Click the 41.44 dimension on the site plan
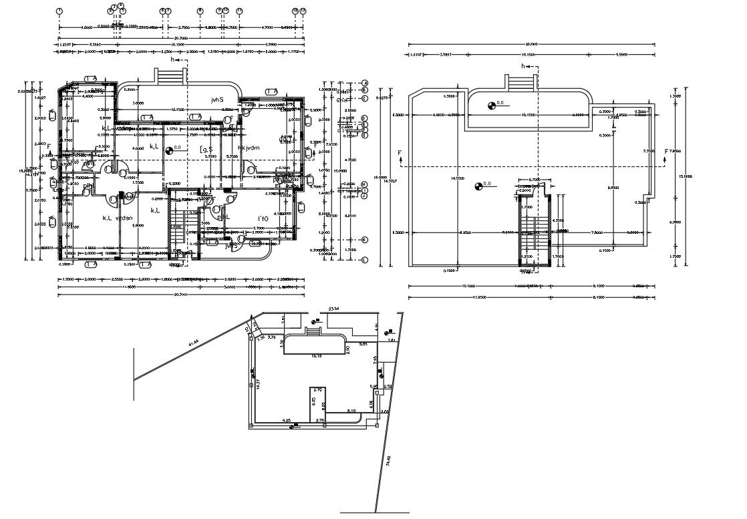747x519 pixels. coord(195,343)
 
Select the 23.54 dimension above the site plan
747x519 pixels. coord(333,309)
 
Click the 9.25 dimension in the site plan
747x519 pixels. coord(287,420)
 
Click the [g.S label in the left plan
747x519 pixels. coord(206,150)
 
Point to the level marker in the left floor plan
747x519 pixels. coord(168,150)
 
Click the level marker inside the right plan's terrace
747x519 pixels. coord(492,104)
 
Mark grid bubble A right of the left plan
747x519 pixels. coord(365,82)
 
